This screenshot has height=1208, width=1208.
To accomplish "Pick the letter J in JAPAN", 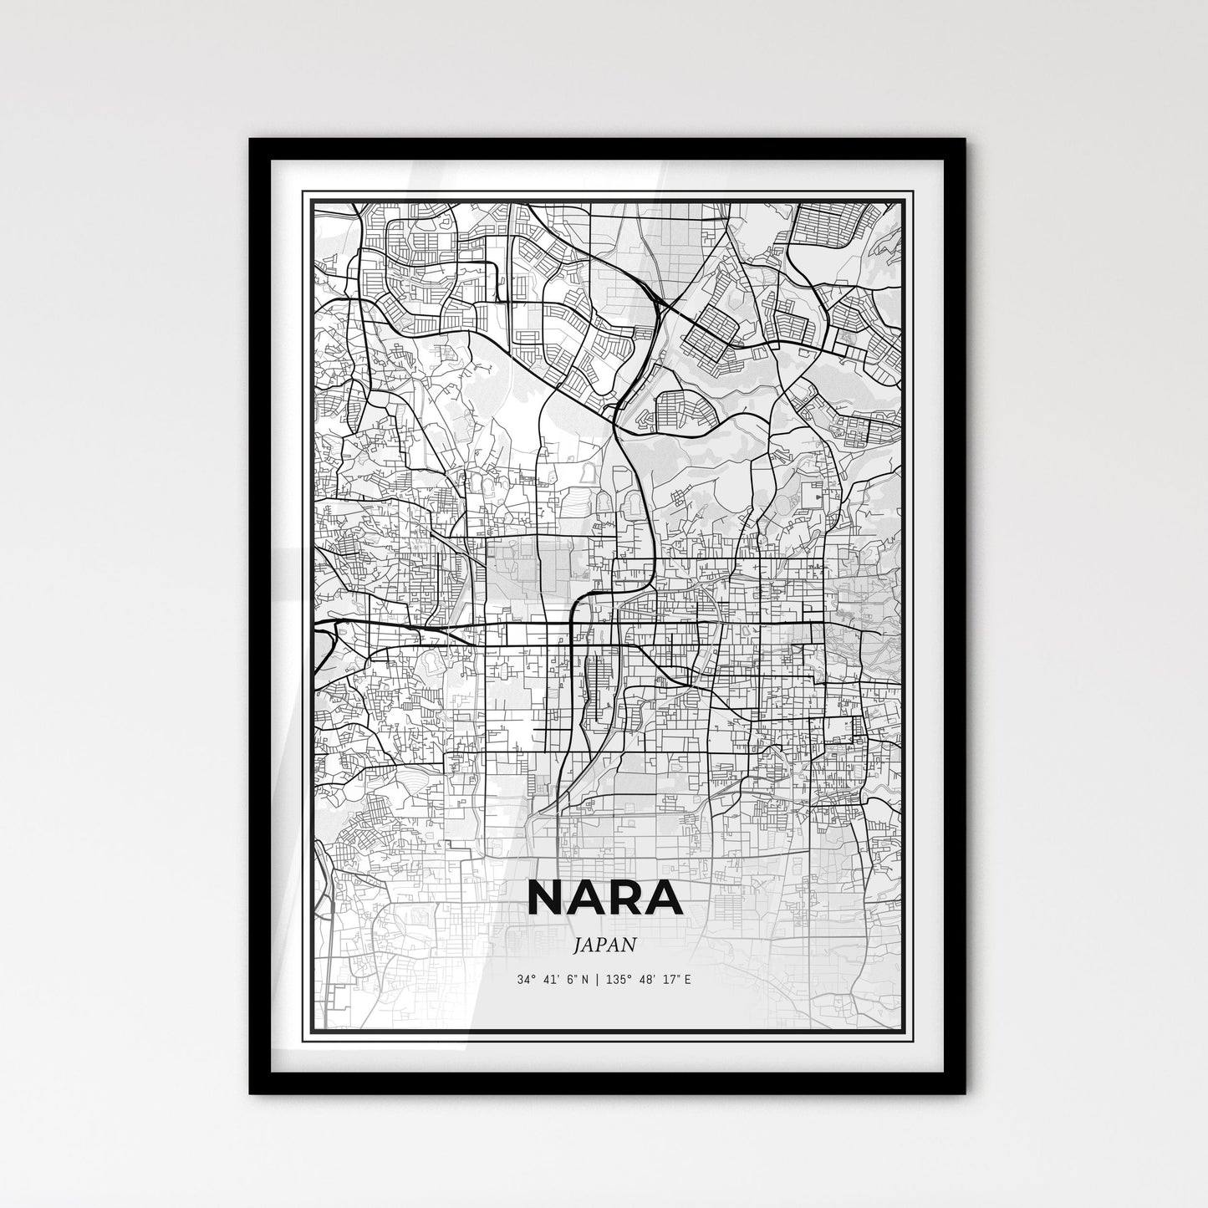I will tap(579, 946).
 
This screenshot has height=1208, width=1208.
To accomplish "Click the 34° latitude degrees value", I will tap(526, 979).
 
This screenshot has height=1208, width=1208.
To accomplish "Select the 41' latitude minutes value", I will tap(551, 979).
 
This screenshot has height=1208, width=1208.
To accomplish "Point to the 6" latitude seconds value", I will tap(573, 979).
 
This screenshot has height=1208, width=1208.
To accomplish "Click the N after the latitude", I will tap(587, 979).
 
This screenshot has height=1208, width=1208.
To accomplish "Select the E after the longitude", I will tap(687, 979).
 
